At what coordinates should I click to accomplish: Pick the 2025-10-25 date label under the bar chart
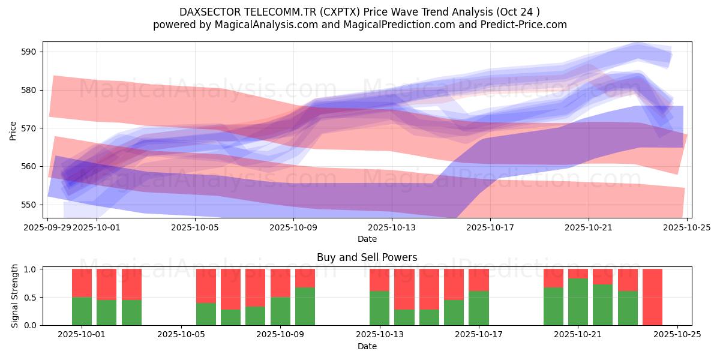tap(677, 335)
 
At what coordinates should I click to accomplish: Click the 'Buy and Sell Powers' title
tap(367, 257)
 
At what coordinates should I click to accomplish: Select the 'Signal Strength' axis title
tap(16, 297)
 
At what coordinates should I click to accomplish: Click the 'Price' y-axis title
tap(13, 130)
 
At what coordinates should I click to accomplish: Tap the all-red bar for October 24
tap(652, 297)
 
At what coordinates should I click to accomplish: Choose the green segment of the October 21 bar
tap(578, 302)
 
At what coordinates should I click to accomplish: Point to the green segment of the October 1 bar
tap(82, 311)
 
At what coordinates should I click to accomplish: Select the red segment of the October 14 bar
tap(429, 289)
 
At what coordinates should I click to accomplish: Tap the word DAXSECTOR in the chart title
tap(209, 12)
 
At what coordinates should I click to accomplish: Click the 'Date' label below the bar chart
tap(367, 346)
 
